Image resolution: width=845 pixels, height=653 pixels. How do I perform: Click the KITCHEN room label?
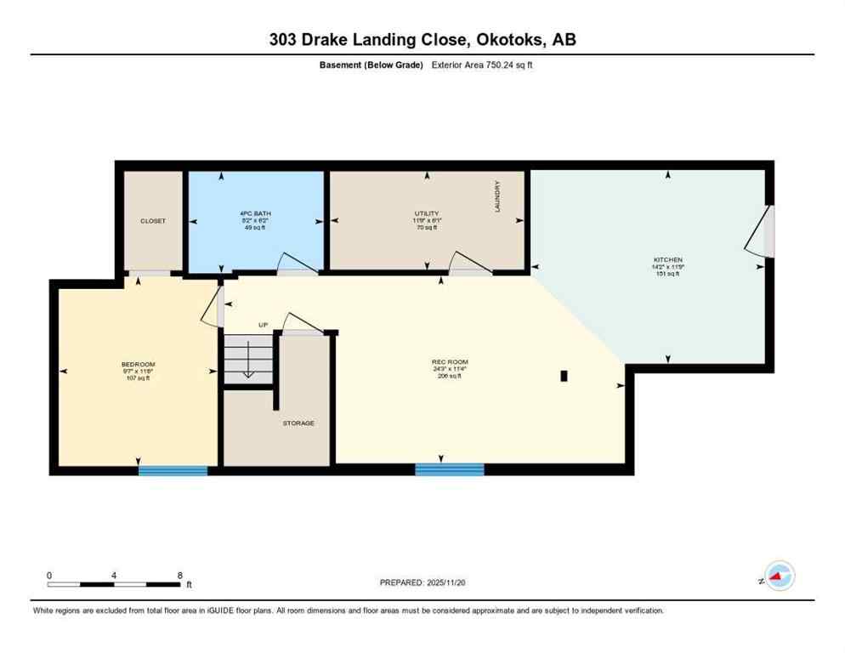tap(668, 259)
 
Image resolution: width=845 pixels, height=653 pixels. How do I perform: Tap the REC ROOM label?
tap(450, 362)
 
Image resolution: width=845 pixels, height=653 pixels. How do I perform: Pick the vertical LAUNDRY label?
tap(498, 196)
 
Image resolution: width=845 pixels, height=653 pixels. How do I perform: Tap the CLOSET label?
tap(153, 221)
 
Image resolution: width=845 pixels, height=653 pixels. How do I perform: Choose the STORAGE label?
tap(299, 423)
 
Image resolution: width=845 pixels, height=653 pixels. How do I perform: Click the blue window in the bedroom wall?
tap(173, 470)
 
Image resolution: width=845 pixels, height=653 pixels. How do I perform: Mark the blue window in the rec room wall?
tap(450, 469)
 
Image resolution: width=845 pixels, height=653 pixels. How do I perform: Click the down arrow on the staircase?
tap(247, 362)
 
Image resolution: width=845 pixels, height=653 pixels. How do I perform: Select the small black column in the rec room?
tap(564, 376)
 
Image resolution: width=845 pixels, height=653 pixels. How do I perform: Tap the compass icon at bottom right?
tap(779, 576)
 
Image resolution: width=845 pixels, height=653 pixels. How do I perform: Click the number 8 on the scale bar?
tap(179, 575)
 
